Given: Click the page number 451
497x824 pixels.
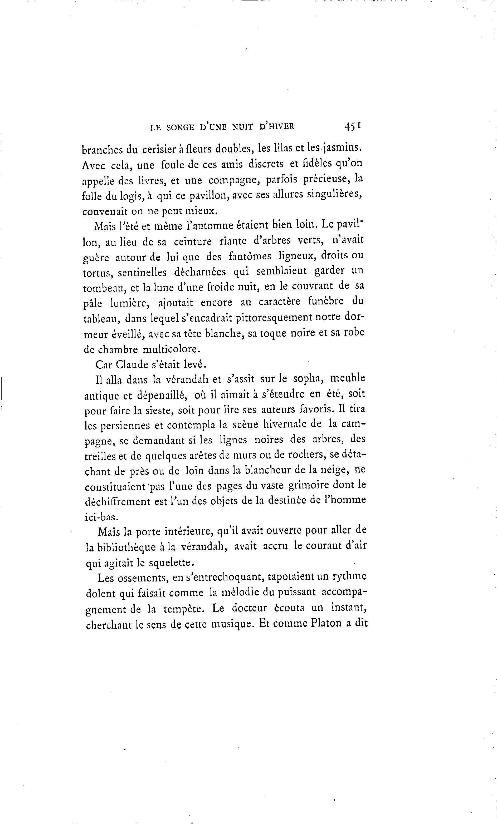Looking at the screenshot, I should point(352,126).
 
